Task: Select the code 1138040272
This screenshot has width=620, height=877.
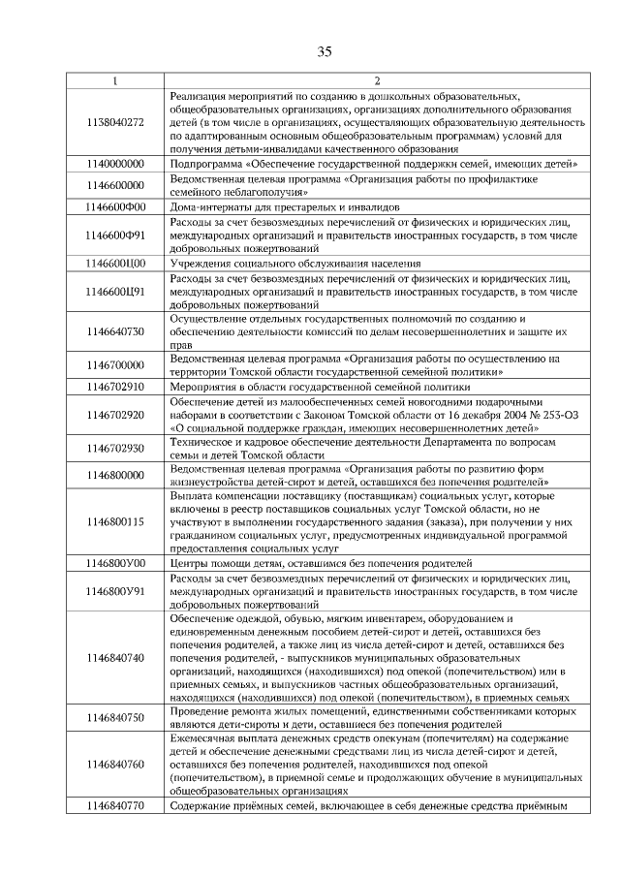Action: (115, 122)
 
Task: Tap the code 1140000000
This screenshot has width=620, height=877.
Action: (115, 166)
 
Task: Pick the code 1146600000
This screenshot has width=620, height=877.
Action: (115, 185)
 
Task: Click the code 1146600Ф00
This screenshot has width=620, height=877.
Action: (115, 206)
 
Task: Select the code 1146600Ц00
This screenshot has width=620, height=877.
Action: (115, 263)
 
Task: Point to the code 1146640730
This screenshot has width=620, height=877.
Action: (115, 331)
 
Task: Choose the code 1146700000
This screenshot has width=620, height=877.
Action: (115, 365)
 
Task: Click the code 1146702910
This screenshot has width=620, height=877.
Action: (115, 387)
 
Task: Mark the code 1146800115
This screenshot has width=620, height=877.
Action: (115, 521)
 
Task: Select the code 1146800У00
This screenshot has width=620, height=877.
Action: (115, 562)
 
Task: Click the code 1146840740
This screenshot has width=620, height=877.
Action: (115, 658)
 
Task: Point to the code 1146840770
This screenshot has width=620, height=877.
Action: (115, 806)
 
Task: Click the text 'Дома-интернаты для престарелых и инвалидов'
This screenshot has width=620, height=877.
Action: (284, 206)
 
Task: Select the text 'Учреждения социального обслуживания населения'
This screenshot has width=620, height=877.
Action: (294, 263)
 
